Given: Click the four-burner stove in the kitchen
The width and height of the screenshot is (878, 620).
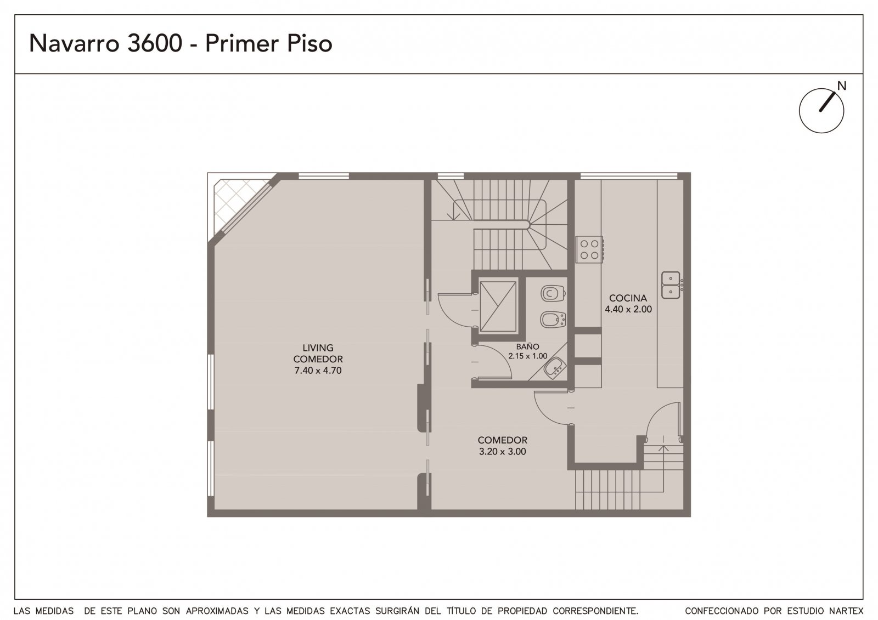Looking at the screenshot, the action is pos(589,249).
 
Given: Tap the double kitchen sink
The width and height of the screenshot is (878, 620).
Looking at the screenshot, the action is pos(671,285).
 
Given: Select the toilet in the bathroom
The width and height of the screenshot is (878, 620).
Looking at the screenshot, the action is pos(553,293).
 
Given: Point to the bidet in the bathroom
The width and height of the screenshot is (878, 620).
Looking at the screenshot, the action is pos(553,320).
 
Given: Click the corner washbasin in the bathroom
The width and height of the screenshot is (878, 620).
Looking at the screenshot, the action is pos(555,368).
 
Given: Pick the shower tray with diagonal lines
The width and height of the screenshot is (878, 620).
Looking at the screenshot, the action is pos(498,306).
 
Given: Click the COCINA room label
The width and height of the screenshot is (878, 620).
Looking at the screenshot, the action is pos(628,298).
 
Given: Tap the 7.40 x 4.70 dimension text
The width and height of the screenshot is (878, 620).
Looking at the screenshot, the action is pos(318,371).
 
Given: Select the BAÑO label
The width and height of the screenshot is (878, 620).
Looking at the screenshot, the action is pos(527,346).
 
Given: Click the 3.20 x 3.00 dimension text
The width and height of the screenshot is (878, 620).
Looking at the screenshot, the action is pos(503,452).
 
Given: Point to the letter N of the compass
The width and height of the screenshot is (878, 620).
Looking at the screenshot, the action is pos(842,86).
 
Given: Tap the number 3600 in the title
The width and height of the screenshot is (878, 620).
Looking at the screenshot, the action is pos(155,43).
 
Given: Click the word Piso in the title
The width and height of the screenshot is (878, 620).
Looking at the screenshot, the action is pos(309,43).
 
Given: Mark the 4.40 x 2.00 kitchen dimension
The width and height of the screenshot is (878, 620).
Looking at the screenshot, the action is pos(628,309).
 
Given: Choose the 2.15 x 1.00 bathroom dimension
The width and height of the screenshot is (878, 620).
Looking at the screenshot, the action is pos(527,356).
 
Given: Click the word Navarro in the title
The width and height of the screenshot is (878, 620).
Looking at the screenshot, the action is pos(74,43).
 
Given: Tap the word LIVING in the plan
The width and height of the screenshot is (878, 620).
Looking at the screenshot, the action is pos(318,348).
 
